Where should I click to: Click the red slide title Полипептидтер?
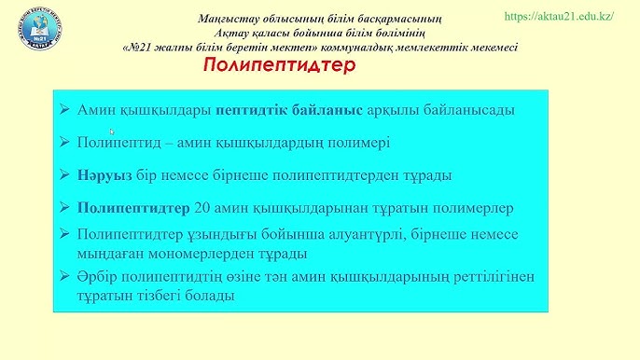tap(279, 67)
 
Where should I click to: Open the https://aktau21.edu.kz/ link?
tap(558, 17)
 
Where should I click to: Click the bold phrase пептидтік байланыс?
tap(288, 110)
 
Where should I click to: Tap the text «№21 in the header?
tap(140, 48)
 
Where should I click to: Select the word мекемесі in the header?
tap(491, 48)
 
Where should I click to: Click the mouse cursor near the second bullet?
tap(111, 132)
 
